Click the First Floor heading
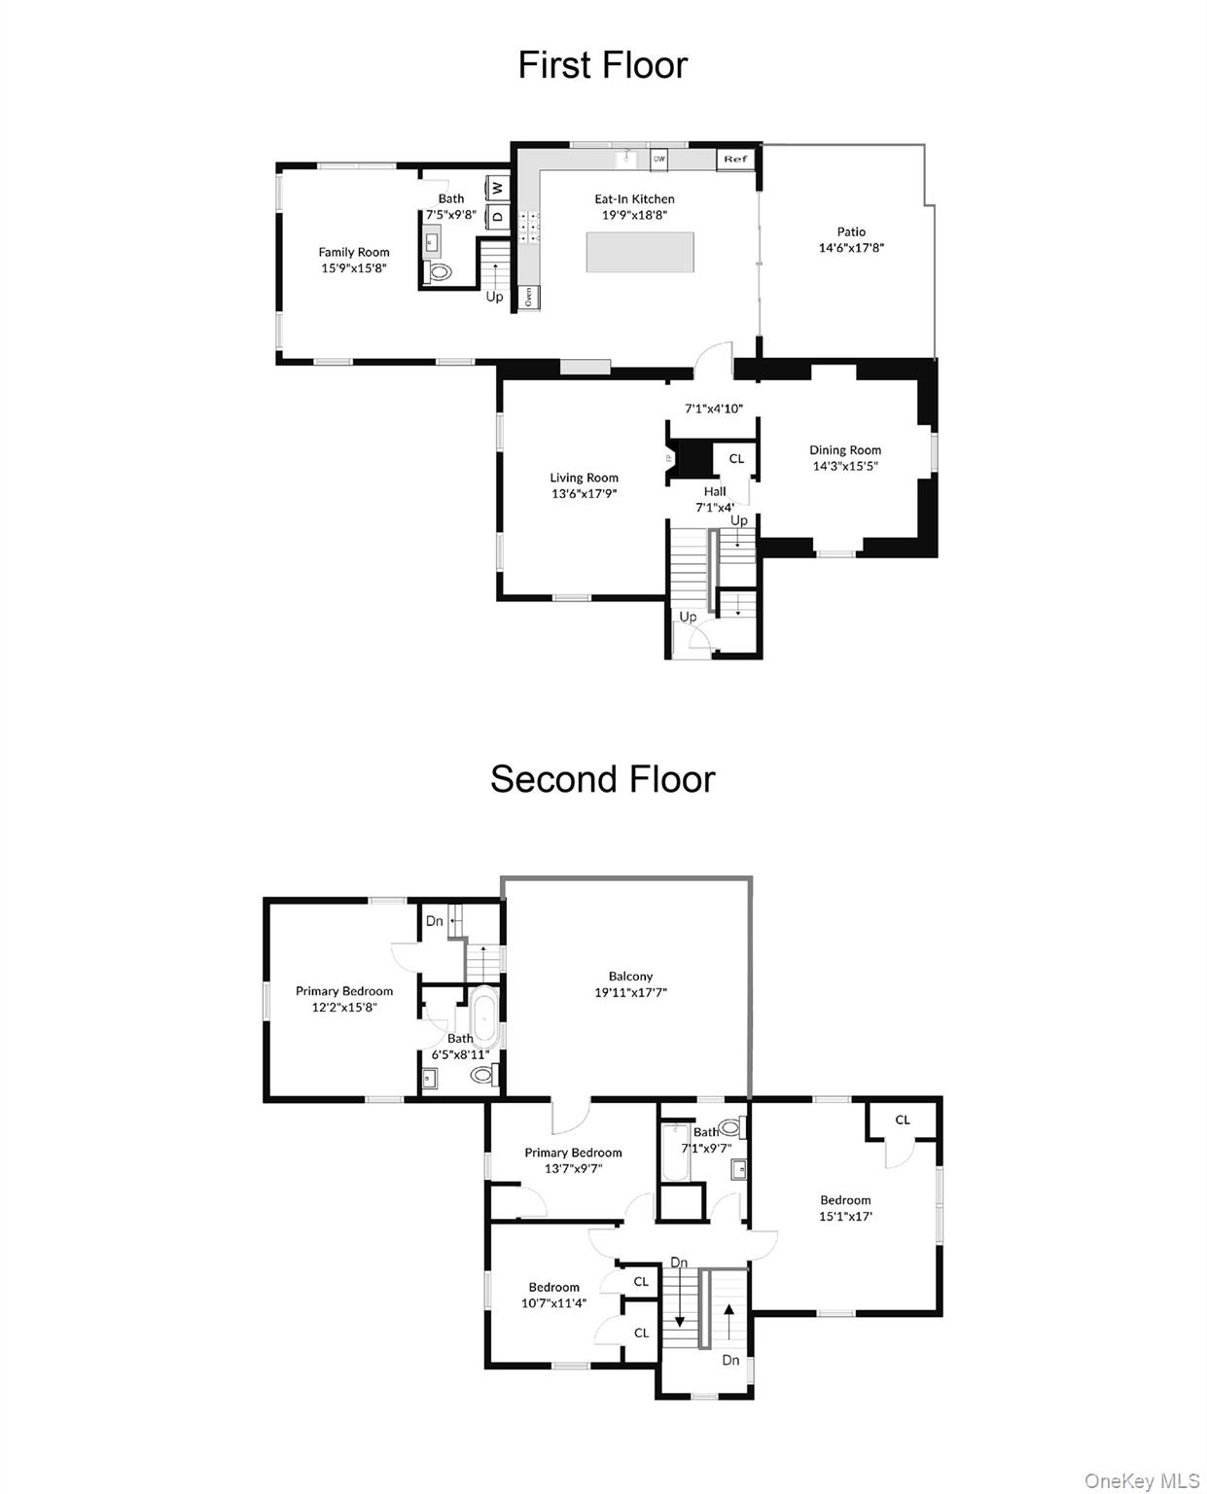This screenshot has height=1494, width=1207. coord(602,65)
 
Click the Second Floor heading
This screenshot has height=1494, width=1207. coord(602,779)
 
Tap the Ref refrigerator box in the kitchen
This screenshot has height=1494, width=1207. coord(735,160)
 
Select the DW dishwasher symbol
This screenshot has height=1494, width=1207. coord(658,159)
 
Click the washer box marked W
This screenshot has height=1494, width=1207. coord(497,187)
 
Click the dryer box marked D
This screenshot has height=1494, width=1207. coord(497,216)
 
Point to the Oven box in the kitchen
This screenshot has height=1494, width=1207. coord(529,297)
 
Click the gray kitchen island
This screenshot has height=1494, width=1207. coord(640,252)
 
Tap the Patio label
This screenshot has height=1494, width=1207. coord(851,231)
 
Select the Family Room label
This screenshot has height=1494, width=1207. coord(354,252)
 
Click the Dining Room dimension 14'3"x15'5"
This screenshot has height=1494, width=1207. coord(845,466)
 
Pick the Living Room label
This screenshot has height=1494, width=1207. coord(584,478)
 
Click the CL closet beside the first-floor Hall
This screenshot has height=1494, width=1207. coord(736,458)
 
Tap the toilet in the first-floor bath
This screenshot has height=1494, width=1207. coord(441,273)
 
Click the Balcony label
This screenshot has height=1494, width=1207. coord(630,977)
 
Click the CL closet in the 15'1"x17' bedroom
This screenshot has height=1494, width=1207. coord(903,1120)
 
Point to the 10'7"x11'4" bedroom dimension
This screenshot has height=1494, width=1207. coord(553,1303)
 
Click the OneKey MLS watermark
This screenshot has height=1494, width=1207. coord(1142,1480)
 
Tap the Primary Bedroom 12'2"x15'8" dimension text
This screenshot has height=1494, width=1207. coord(344,1008)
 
